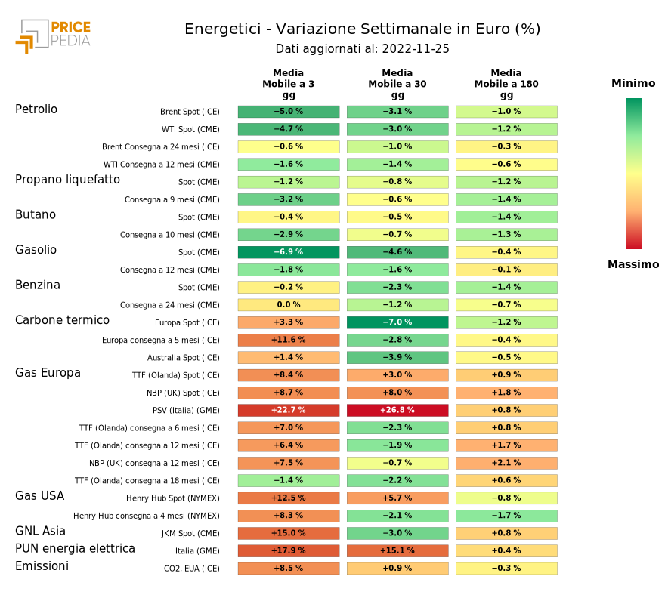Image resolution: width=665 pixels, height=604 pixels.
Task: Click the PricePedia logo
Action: point(53,35)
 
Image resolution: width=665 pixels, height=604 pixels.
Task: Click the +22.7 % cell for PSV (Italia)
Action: point(289,411)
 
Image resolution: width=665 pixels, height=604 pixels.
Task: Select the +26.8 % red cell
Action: point(397,411)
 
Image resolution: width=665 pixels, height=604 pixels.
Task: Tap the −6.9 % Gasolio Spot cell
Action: point(289,252)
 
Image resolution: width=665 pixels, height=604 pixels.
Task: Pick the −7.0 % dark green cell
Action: point(397,322)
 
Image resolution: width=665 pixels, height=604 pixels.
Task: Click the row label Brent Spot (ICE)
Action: point(190,112)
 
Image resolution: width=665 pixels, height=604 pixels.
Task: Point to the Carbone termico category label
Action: point(62,320)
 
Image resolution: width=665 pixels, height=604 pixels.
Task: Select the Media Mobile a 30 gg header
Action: point(397,84)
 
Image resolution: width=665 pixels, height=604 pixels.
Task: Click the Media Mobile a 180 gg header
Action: point(506,84)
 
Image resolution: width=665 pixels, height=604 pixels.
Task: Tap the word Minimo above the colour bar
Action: point(633,83)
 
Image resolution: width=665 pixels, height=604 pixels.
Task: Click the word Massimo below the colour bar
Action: point(633,264)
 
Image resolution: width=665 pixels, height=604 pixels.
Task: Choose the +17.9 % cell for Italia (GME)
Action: point(289,551)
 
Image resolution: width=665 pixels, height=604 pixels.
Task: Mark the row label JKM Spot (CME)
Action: point(190,534)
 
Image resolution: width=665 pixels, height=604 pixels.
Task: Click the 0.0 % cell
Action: point(289,305)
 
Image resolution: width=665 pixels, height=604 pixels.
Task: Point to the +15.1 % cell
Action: point(397,551)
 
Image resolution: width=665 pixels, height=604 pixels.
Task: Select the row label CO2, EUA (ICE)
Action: point(192,569)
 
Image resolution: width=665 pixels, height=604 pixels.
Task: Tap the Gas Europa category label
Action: point(48,373)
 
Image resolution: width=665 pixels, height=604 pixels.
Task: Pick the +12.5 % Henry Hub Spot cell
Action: point(289,498)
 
